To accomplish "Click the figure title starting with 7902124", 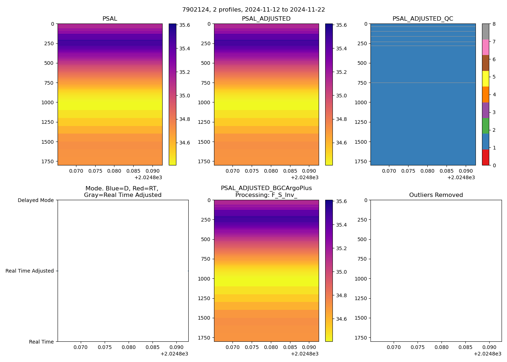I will click(253, 10).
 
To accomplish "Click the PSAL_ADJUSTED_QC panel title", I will click(423, 19).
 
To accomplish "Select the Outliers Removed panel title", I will click(436, 195).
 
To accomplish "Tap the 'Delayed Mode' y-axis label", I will click(35, 200).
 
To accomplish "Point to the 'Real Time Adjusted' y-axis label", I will click(29, 271).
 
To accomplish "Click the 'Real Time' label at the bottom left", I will click(41, 342).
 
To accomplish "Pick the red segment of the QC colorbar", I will click(485, 157).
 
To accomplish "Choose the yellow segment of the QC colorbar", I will click(485, 79).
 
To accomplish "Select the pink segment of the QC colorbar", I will click(485, 47).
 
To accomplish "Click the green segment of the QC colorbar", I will click(485, 126).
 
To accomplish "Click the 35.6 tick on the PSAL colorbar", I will click(185, 25).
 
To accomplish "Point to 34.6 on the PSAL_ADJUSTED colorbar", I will click(341, 143).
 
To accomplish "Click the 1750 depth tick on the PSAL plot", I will click(48, 161).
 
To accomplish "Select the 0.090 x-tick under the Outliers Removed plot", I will click(489, 347).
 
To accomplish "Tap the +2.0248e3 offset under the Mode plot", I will click(174, 354).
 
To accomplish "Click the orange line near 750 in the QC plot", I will click(423, 83).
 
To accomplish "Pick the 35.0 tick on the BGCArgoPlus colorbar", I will click(341, 272).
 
